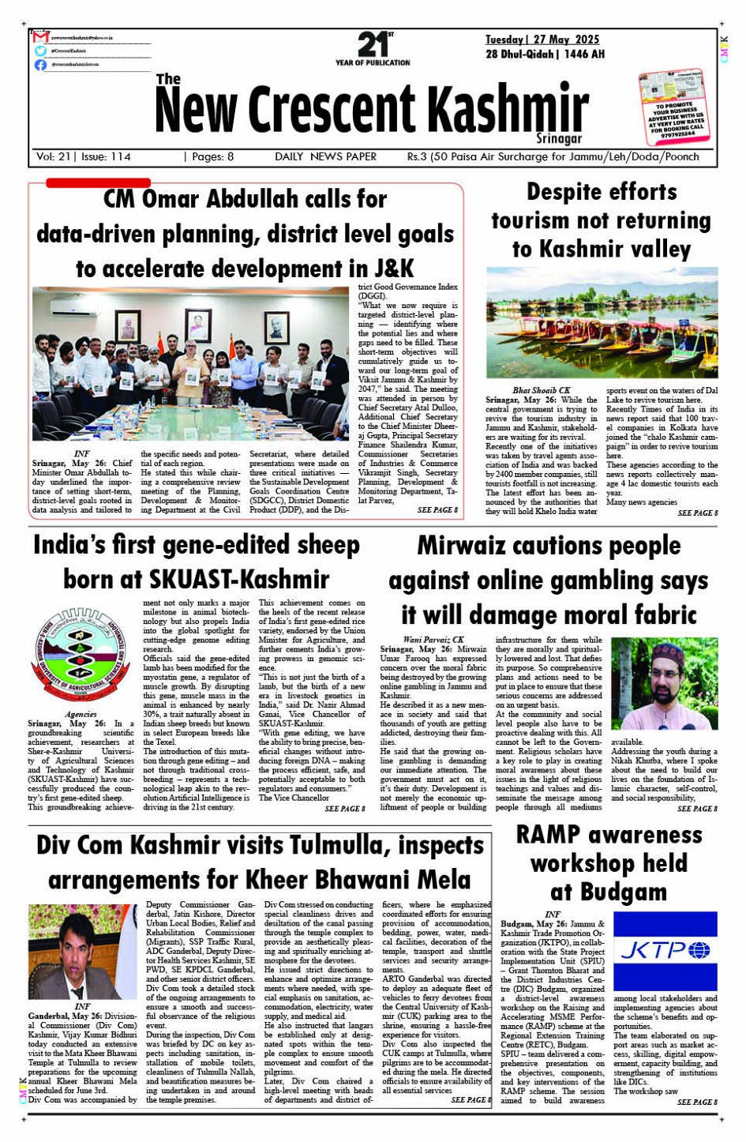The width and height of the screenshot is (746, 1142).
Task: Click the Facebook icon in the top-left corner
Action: pos(40,65)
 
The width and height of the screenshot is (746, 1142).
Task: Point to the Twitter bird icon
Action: pos(40,51)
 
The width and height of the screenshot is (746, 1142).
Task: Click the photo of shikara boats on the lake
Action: pos(602,322)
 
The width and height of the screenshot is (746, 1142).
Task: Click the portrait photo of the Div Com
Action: pos(82,952)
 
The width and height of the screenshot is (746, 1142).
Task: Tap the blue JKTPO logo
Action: pos(665,949)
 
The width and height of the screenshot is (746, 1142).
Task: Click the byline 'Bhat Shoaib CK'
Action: pos(542,390)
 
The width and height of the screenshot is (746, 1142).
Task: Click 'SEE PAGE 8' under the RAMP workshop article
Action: pos(697,1102)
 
